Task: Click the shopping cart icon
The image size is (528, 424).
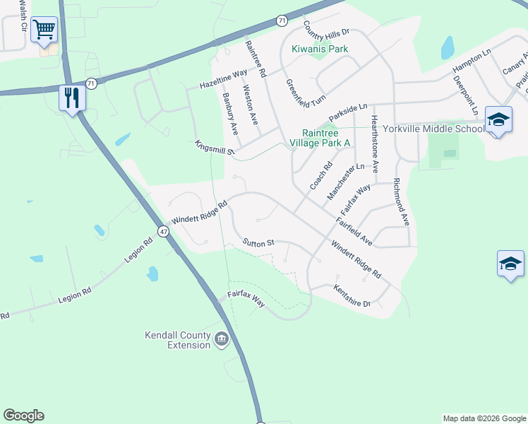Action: pyautogui.click(x=44, y=29)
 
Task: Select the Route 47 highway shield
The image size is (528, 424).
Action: pyautogui.click(x=163, y=231)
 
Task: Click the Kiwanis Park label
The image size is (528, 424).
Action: pyautogui.click(x=320, y=49)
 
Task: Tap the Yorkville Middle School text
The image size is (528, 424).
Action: pyautogui.click(x=434, y=129)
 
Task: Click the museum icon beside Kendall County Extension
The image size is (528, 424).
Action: pyautogui.click(x=222, y=340)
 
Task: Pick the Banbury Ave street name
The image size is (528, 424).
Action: pyautogui.click(x=230, y=114)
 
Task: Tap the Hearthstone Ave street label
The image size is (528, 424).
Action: pyautogui.click(x=375, y=144)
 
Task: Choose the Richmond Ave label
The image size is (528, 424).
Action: pyautogui.click(x=401, y=201)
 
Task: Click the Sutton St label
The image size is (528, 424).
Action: pyautogui.click(x=258, y=242)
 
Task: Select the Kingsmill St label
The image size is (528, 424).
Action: pyautogui.click(x=215, y=146)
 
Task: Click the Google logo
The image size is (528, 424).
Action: pyautogui.click(x=23, y=416)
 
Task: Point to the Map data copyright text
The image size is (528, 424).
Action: pyautogui.click(x=484, y=418)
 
